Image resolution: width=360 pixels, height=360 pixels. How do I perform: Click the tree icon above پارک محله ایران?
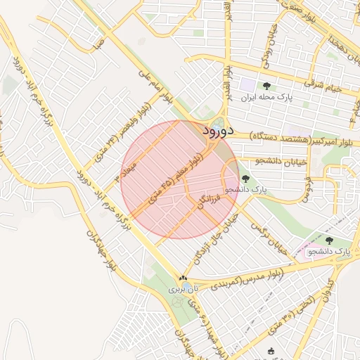pos(266,86)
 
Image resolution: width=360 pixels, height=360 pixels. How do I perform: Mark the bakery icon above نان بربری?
pos(184,278)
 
